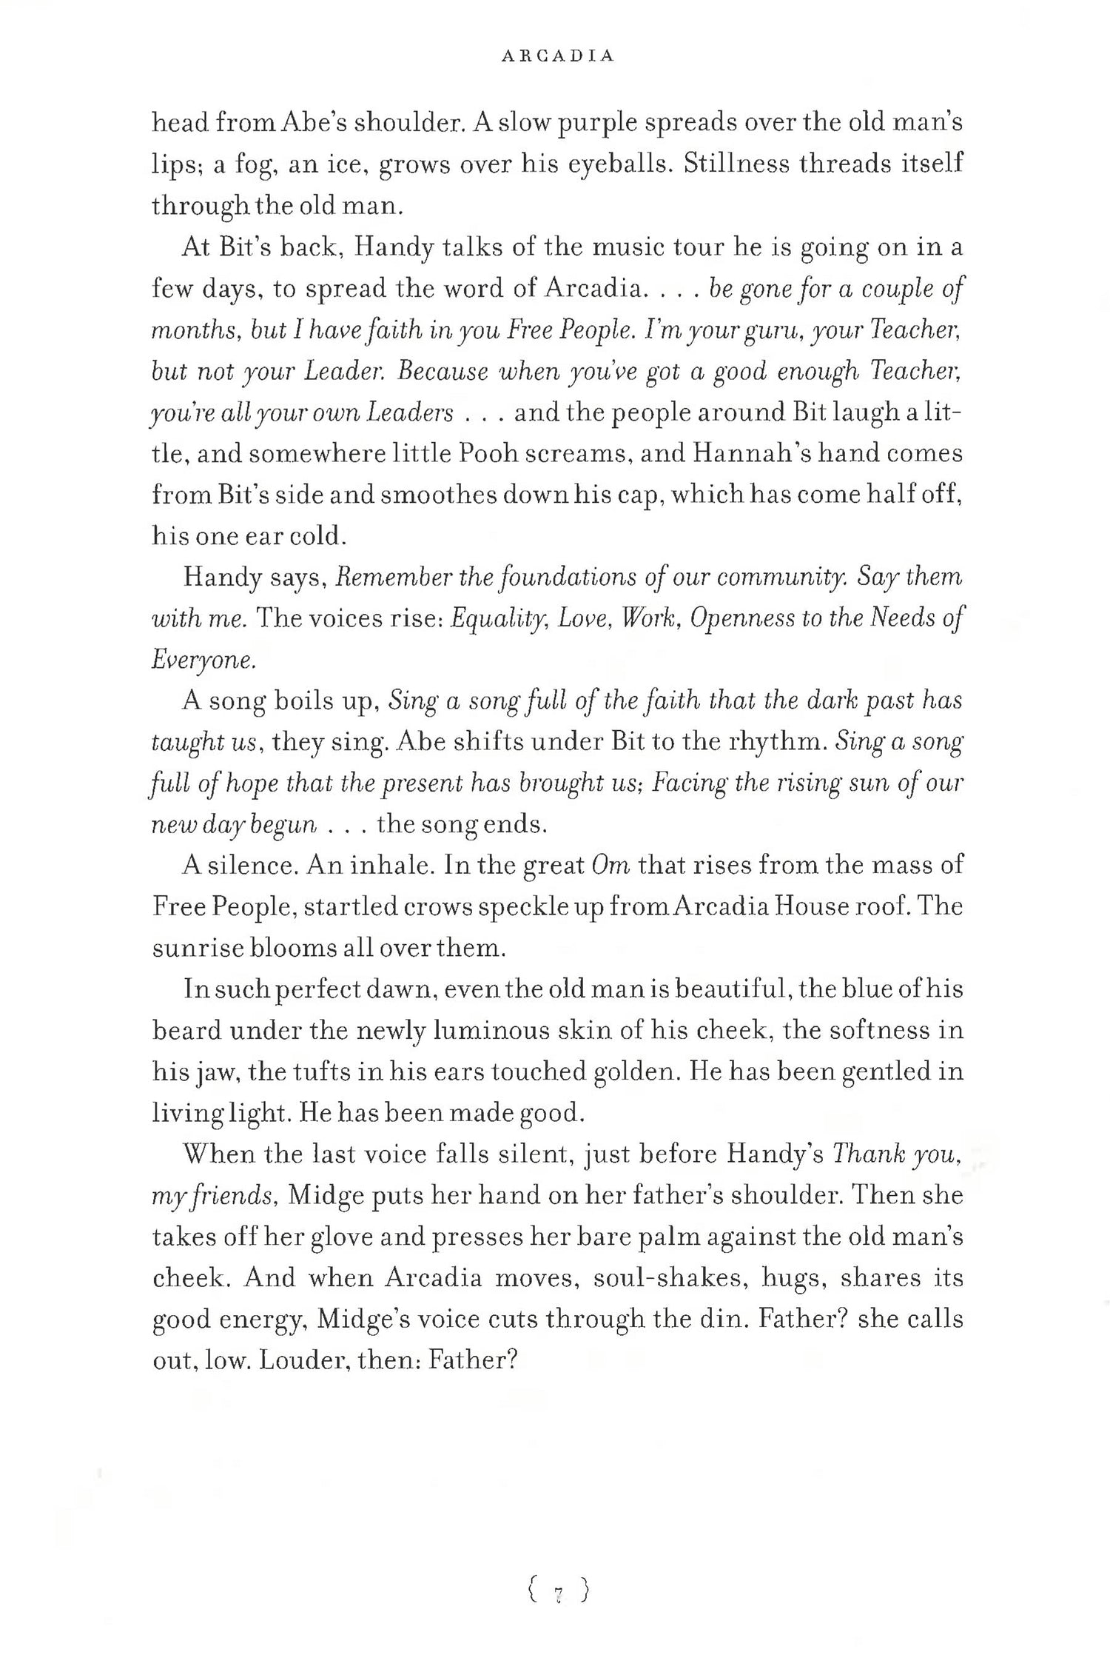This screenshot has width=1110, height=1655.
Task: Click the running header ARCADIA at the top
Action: pyautogui.click(x=557, y=56)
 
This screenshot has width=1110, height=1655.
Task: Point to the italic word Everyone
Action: pyautogui.click(x=203, y=660)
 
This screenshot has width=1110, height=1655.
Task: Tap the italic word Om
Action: pyautogui.click(x=611, y=865)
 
